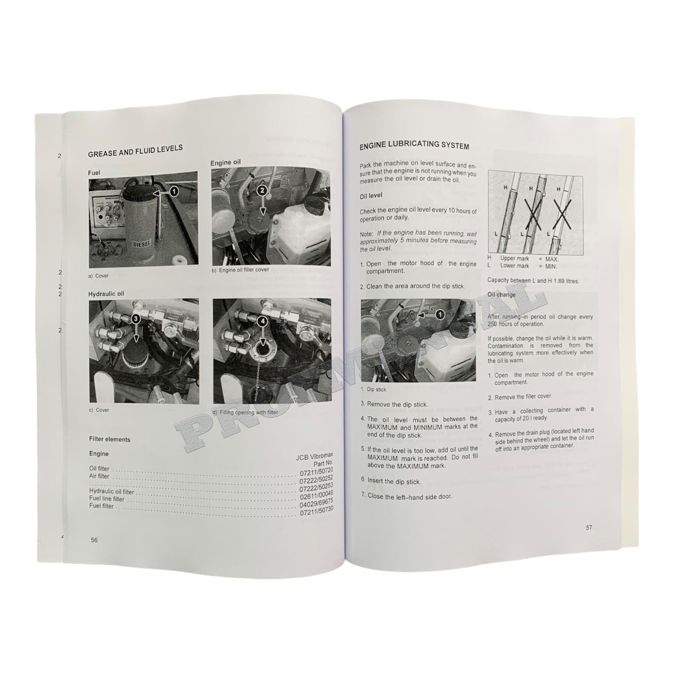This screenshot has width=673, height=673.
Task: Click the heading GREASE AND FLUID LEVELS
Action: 135,151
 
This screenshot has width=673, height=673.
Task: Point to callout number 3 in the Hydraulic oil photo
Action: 136,318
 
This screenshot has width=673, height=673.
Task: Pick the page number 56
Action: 94,540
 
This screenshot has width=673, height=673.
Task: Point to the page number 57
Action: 589,527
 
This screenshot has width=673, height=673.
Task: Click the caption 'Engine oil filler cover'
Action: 244,270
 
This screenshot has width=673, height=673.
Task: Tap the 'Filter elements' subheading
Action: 110,439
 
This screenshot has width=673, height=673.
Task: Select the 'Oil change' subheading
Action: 501,295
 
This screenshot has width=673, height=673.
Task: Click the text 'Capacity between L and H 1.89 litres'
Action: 533,280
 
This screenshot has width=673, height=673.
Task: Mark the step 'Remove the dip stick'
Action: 397,404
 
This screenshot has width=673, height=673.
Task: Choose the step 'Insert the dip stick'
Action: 394,482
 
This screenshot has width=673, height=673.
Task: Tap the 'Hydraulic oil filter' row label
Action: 111,492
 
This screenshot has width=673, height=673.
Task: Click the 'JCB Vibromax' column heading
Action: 314,456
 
